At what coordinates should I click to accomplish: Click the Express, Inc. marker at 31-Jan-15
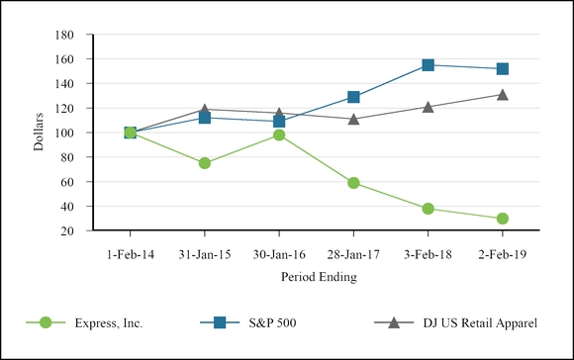[205, 163]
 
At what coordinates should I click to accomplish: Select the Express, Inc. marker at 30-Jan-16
[279, 135]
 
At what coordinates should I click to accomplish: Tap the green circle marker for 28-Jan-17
[353, 183]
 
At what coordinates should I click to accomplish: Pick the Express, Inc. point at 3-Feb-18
[428, 209]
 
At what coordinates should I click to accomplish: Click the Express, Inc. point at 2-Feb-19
[503, 219]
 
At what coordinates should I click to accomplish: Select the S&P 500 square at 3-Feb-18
[428, 65]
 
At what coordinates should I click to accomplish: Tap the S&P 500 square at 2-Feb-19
[503, 69]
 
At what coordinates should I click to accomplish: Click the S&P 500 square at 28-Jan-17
[353, 97]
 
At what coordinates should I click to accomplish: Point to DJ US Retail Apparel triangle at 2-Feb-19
[503, 95]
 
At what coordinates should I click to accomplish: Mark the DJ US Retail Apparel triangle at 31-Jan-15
[205, 109]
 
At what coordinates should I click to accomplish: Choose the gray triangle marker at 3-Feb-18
[428, 107]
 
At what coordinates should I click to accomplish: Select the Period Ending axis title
[317, 278]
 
